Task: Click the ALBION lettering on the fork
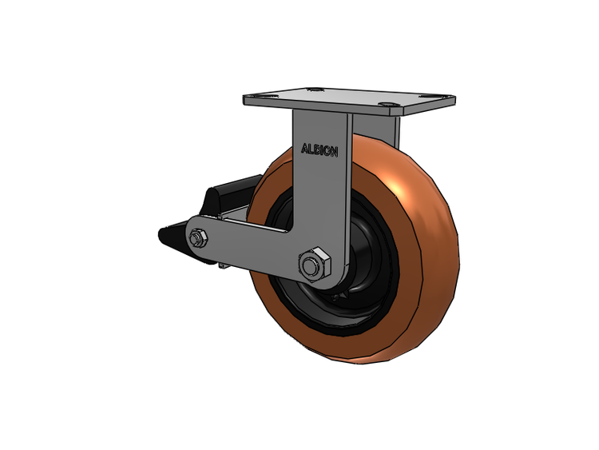[x=319, y=150]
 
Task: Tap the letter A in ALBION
[x=304, y=149]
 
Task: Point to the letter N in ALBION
[x=334, y=152]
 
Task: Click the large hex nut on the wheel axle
[x=315, y=265]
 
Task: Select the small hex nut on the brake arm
[x=198, y=238]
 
